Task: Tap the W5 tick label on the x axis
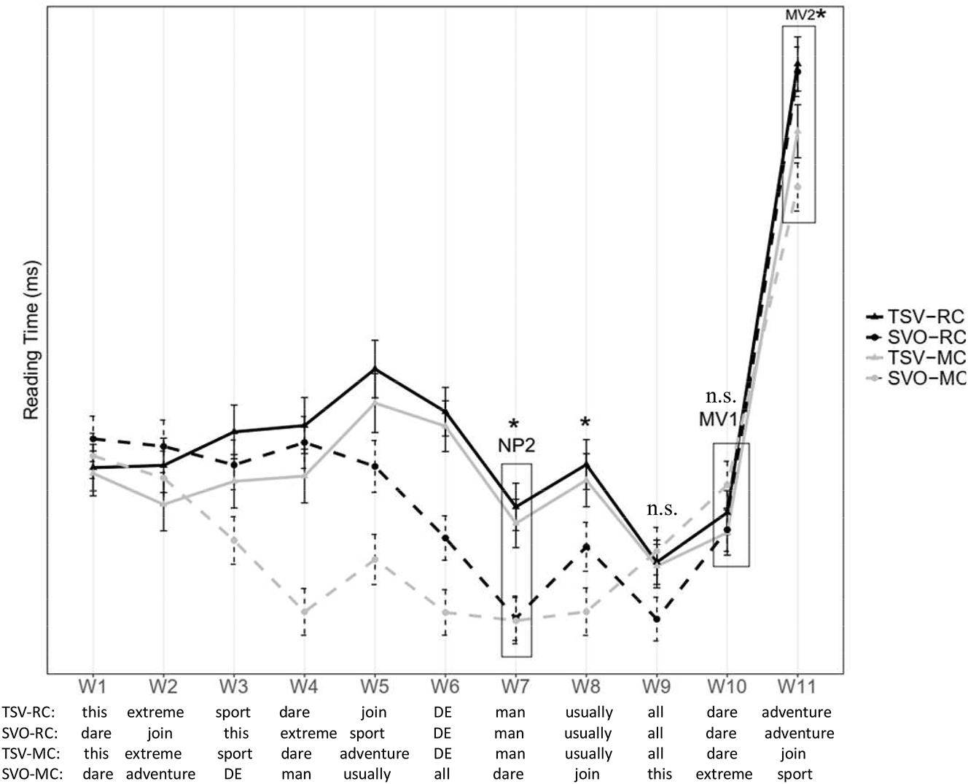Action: coord(374,686)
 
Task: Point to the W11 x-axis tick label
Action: coord(797,686)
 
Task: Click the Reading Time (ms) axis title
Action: coord(31,341)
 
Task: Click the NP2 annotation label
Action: coord(516,446)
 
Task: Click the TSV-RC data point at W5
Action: coord(375,368)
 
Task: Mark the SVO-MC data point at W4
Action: coord(304,610)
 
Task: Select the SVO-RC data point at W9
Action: coord(657,619)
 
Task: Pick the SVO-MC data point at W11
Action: coord(798,187)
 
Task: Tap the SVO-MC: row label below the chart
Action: coord(32,775)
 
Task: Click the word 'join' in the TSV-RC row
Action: coord(374,713)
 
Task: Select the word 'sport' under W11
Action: coord(795,775)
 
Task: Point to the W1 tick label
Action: coord(93,686)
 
